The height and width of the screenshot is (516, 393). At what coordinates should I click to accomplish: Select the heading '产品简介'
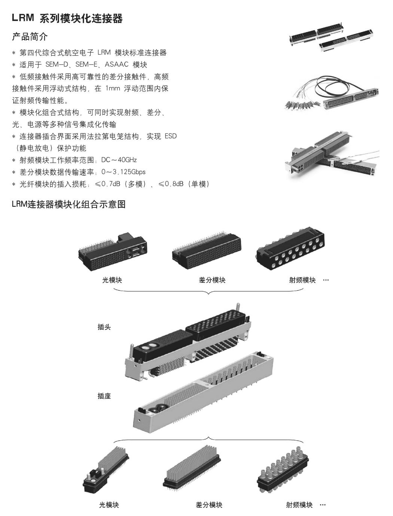[x=30, y=37]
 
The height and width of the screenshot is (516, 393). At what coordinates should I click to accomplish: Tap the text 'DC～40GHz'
[x=119, y=160]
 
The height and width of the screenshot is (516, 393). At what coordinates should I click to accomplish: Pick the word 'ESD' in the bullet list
[x=170, y=136]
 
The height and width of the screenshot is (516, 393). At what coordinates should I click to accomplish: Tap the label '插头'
[x=104, y=327]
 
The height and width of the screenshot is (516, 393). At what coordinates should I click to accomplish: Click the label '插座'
[x=104, y=396]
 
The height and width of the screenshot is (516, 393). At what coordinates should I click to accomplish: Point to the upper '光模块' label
[x=112, y=280]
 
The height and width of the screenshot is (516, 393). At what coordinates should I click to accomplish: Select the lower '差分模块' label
[x=209, y=505]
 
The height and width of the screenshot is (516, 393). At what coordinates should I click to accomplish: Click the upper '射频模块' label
[x=302, y=280]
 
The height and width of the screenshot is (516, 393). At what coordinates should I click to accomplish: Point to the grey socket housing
[x=203, y=395]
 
